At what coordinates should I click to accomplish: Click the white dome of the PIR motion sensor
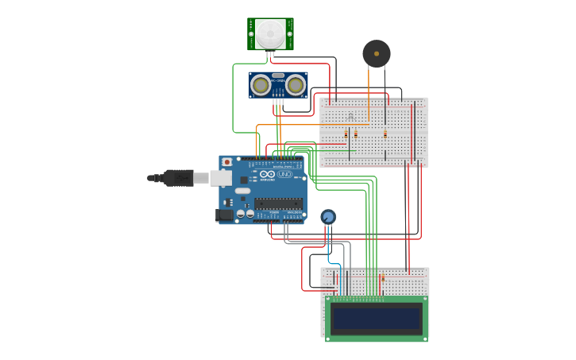(x=270, y=33)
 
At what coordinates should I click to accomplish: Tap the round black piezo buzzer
(x=377, y=53)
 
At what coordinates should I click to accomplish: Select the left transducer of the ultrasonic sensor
(x=260, y=84)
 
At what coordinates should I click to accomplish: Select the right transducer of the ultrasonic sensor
(x=296, y=84)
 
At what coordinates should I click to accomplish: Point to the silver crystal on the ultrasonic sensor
(x=277, y=75)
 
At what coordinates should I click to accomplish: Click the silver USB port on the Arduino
(x=221, y=177)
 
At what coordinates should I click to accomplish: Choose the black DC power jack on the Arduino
(x=226, y=214)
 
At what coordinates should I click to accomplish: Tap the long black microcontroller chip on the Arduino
(x=278, y=203)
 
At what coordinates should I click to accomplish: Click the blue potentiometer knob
(x=328, y=216)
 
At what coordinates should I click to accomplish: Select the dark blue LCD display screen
(x=376, y=319)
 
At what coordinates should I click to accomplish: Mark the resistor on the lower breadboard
(x=382, y=279)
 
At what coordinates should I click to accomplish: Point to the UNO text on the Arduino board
(x=284, y=174)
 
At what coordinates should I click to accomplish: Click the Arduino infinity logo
(x=268, y=174)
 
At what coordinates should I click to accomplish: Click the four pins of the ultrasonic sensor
(x=277, y=101)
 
